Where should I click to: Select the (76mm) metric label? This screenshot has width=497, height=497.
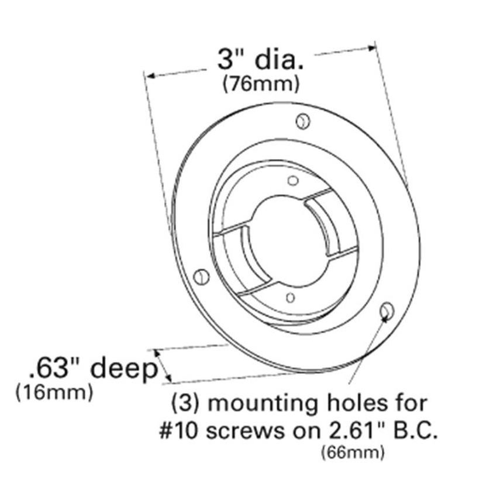[x=261, y=84]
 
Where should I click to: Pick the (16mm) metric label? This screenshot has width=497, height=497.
[x=54, y=392]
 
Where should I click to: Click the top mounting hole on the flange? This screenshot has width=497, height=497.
[x=302, y=121]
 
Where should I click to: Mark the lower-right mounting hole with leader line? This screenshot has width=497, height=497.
[x=386, y=311]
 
